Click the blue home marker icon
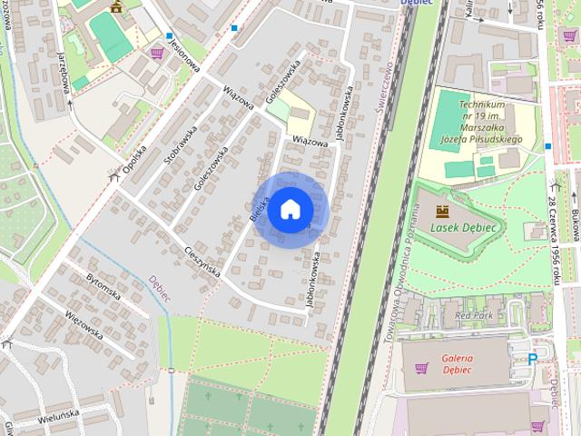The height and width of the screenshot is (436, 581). (290, 209)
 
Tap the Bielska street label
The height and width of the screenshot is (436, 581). (258, 205)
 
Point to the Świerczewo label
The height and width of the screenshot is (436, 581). (384, 86)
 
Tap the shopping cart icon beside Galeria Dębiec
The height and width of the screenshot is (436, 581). (420, 368)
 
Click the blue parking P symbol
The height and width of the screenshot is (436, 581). (532, 359)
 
